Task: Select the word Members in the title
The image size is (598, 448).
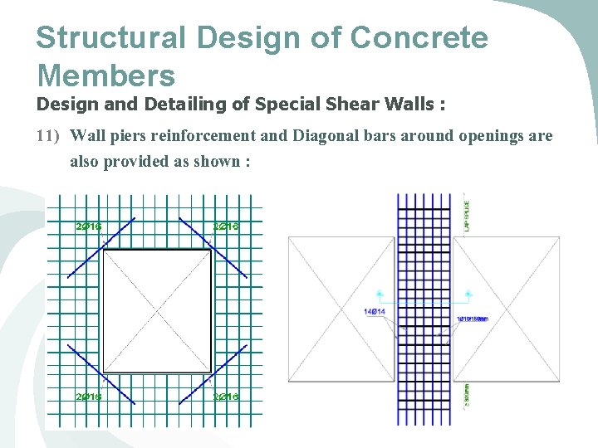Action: [x=105, y=75]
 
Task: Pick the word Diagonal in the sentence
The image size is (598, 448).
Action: [x=325, y=136]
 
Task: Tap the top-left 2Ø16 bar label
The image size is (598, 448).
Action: [x=88, y=226]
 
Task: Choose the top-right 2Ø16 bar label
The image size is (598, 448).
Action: [x=226, y=226]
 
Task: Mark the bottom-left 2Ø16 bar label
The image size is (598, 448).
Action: [x=88, y=397]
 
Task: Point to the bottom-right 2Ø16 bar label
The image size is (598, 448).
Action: [x=226, y=397]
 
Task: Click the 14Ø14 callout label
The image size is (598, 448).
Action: [x=375, y=312]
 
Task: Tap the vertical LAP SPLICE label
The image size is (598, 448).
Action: [x=467, y=214]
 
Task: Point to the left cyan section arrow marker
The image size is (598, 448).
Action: [x=379, y=293]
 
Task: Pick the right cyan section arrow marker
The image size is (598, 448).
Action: [x=469, y=293]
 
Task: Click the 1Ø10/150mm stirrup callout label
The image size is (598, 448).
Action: [x=473, y=319]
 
